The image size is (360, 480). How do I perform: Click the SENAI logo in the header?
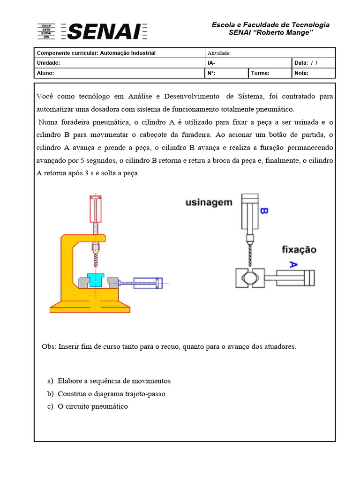(92, 31)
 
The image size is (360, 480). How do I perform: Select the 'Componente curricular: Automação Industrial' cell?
(96, 53)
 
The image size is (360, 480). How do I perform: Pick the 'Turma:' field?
(260, 73)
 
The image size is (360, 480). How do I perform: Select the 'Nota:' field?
(302, 73)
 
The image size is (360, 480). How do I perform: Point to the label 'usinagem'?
(209, 202)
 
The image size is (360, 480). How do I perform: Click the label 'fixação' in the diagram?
(299, 250)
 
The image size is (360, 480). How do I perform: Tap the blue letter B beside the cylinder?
(263, 211)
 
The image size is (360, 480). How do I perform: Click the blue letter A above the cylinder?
(293, 265)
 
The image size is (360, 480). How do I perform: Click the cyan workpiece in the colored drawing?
(95, 280)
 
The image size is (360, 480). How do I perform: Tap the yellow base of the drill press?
(90, 307)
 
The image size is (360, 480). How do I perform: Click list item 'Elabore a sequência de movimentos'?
(114, 381)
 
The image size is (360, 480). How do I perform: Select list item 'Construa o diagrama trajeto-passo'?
(111, 394)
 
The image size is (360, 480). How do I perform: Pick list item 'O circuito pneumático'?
(92, 406)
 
